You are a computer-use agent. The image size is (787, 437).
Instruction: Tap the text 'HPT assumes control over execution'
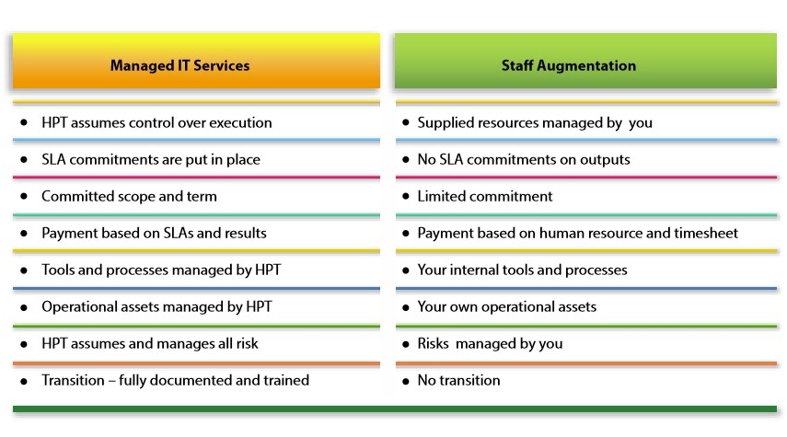click(x=156, y=122)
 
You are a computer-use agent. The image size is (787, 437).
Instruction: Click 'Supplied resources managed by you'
click(x=535, y=123)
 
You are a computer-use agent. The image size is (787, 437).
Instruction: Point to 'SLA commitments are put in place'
click(x=151, y=159)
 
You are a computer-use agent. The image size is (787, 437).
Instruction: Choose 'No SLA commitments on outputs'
click(x=524, y=159)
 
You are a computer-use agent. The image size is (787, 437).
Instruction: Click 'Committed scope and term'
click(x=129, y=196)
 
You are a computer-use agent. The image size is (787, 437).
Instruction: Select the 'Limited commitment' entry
click(x=485, y=196)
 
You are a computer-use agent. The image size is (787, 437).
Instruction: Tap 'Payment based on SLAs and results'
click(x=154, y=234)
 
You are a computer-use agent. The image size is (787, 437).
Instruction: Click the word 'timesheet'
click(x=706, y=233)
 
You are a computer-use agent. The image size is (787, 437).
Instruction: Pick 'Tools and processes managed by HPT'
click(x=161, y=270)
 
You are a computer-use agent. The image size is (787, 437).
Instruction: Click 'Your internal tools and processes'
click(x=523, y=270)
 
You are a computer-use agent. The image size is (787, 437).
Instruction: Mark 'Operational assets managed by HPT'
click(x=156, y=306)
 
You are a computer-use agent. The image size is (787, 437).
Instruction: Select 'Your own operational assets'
click(x=507, y=306)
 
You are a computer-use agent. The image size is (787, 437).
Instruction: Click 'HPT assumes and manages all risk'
click(x=150, y=344)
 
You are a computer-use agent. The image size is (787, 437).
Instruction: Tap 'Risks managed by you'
click(x=490, y=344)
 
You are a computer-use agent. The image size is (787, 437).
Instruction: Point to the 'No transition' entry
click(x=458, y=380)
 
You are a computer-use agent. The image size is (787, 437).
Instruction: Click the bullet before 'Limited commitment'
click(x=406, y=196)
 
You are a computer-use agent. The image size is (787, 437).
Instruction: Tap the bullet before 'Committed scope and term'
click(x=24, y=196)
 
